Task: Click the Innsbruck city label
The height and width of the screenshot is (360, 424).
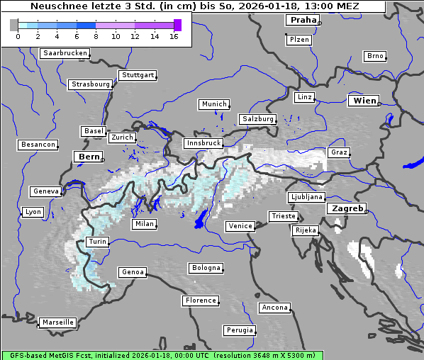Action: point(203,143)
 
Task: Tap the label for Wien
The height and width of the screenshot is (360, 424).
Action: point(365,101)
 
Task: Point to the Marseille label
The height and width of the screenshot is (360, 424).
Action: point(58,322)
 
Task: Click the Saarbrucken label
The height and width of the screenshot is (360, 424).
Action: point(65,53)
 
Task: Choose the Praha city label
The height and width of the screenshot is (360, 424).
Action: point(303,21)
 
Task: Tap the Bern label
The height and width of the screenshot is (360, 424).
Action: point(89,157)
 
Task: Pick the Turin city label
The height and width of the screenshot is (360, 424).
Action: point(97,242)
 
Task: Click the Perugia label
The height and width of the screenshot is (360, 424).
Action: point(239,330)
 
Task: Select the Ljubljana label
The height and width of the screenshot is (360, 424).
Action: point(306,197)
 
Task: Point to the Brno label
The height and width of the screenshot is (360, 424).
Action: point(374,56)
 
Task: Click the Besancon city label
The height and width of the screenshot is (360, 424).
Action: point(38,145)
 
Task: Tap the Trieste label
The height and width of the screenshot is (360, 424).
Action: point(283,216)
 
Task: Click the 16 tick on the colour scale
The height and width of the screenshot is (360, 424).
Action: point(174,36)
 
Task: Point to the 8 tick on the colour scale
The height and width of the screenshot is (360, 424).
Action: point(96,36)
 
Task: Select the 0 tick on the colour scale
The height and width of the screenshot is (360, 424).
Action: point(18,36)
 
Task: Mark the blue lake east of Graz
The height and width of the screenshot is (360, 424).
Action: point(413,163)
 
